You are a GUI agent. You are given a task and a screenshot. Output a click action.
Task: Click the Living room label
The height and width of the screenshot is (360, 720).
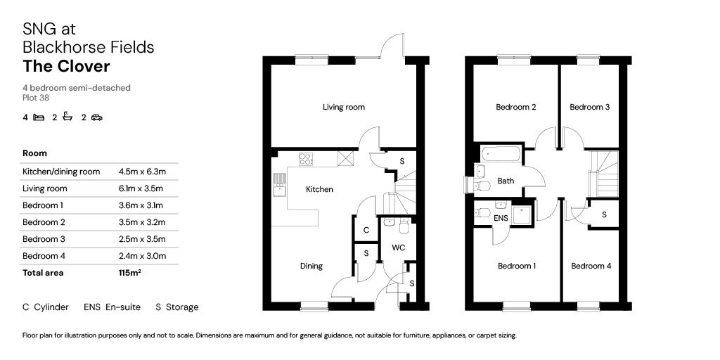pyautogui.click(x=344, y=108)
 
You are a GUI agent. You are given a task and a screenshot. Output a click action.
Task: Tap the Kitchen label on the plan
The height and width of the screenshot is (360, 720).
pyautogui.click(x=319, y=189)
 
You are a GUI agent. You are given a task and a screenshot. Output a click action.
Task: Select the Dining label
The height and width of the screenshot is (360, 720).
pyautogui.click(x=311, y=266)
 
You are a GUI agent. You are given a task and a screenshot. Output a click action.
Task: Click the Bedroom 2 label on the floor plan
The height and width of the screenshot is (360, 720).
pyautogui.click(x=516, y=108)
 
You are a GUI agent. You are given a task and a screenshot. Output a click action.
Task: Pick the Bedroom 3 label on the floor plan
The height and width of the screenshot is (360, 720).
pyautogui.click(x=589, y=108)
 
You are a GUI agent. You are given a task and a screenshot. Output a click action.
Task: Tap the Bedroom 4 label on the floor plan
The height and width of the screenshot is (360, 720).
pyautogui.click(x=591, y=266)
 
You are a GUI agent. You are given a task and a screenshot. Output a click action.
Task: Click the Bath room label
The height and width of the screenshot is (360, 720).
pyautogui.click(x=506, y=181)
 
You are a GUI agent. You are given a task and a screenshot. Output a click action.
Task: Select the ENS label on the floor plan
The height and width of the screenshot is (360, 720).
pyautogui.click(x=501, y=219)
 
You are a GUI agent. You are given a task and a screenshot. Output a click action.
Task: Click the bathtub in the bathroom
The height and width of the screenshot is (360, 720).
pyautogui.click(x=501, y=153)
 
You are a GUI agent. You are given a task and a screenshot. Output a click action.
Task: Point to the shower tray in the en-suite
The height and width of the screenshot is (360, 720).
pyautogui.click(x=522, y=214)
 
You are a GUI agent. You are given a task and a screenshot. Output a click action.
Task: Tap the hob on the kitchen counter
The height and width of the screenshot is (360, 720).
pyautogui.click(x=307, y=159)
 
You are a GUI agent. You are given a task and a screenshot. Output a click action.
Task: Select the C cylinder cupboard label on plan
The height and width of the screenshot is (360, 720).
pyautogui.click(x=366, y=230)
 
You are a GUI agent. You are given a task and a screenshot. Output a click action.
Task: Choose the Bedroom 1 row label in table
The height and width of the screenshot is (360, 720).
pyautogui.click(x=43, y=205)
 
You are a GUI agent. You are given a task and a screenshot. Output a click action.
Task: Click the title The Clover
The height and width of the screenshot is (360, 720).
pyautogui.click(x=66, y=67)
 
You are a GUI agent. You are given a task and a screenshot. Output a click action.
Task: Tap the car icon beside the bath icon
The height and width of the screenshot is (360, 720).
pyautogui.click(x=96, y=117)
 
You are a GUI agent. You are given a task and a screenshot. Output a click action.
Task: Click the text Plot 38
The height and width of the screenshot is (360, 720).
pyautogui.click(x=36, y=98)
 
